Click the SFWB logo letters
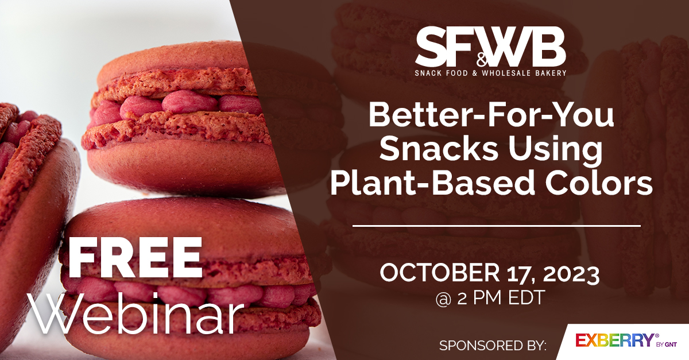[x=490, y=48]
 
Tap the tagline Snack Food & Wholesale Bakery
[x=491, y=73]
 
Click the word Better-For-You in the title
[x=491, y=117]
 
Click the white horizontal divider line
[x=496, y=226]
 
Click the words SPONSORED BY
[x=493, y=346]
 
